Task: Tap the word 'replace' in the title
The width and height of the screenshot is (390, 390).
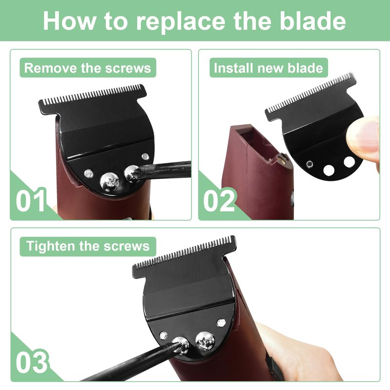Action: [180, 22]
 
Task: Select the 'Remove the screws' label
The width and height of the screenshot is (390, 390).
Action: [88, 68]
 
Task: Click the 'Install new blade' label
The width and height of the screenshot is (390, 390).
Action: [269, 68]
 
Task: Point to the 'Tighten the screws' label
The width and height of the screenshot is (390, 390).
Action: [88, 246]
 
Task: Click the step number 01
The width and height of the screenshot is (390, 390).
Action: [31, 200]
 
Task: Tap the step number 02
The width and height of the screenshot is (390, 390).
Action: [219, 200]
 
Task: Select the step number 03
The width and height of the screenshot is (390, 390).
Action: [31, 362]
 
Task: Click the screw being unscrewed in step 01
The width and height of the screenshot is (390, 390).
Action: [132, 174]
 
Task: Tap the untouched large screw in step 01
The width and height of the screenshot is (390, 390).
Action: [109, 182]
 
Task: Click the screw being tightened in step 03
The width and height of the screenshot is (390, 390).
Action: [181, 345]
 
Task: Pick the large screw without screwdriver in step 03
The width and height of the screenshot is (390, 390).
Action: [205, 341]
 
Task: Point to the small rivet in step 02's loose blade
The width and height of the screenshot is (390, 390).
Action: [310, 164]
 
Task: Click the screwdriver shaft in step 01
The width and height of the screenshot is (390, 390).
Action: [164, 170]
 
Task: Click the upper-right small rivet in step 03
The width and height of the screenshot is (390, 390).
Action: [221, 323]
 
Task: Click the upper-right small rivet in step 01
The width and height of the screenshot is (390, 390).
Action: [145, 156]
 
